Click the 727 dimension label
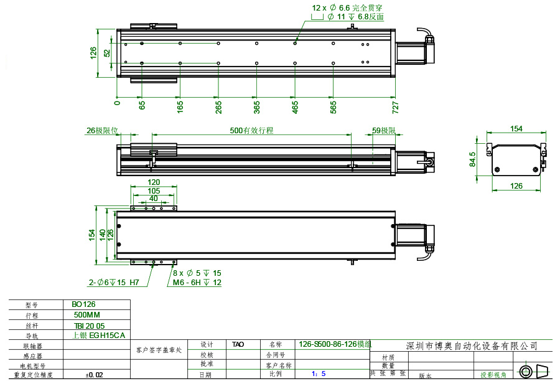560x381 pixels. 395,106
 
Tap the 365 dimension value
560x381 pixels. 257,106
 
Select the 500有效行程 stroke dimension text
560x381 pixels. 251,131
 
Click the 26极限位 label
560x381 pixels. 102,131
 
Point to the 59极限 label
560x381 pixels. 384,131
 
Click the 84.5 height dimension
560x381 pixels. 473,159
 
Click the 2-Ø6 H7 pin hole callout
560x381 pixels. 114,283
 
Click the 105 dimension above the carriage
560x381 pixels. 154,190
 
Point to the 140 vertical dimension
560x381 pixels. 103,233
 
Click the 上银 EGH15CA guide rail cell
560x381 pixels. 98,335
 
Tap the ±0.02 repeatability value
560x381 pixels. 94,375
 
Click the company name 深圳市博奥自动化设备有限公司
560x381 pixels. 471,346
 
